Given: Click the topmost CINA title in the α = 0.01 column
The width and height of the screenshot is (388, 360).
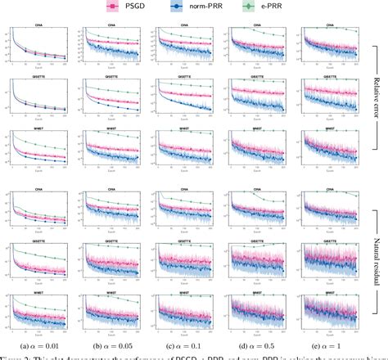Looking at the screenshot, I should click(x=40, y=25).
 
